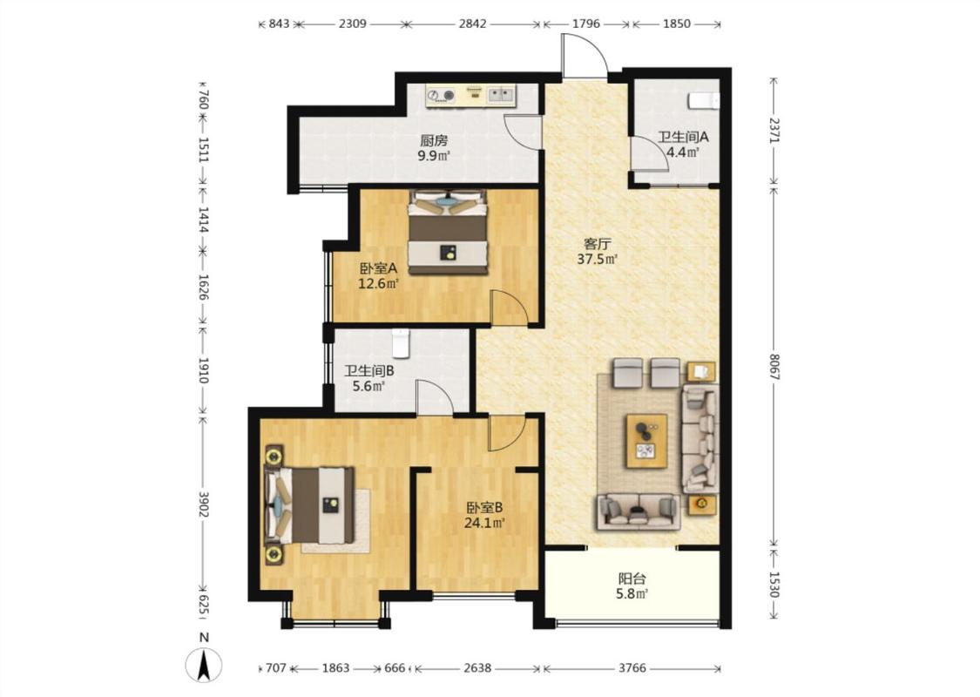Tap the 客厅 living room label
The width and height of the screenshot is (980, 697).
pos(597,243)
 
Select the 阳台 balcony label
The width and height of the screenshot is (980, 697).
pos(632,579)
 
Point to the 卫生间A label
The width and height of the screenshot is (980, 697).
pos(682,136)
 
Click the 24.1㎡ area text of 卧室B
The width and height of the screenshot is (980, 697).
pos(484,523)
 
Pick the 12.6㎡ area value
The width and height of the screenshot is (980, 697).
pos(378,284)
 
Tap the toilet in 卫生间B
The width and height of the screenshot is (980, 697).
pos(400,343)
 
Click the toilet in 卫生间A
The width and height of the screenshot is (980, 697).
pos(705,101)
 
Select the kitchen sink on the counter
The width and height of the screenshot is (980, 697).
pos(501,94)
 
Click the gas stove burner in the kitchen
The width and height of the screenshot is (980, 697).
pos(441,95)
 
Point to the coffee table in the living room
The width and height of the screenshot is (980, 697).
pos(647,441)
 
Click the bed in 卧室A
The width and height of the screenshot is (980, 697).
pos(448,231)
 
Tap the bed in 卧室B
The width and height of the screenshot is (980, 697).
pos(309,505)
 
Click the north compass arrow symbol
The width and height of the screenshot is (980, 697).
pos(204,665)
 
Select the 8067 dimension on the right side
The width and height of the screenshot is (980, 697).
pos(774,368)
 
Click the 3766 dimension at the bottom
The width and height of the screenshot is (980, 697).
pos(632,668)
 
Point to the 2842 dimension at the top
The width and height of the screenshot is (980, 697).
pos(472,24)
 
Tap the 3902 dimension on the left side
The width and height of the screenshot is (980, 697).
pos(203,504)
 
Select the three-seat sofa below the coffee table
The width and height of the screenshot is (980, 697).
pos(639,512)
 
